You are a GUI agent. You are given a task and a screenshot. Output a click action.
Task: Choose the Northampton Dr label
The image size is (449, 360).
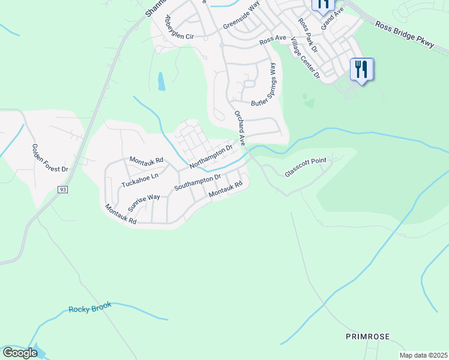211,155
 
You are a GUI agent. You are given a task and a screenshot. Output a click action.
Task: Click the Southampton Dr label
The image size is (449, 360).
197,182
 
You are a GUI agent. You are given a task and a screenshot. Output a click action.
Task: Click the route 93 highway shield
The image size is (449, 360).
62,190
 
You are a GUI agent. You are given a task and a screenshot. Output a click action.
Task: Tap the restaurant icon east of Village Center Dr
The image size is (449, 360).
362,69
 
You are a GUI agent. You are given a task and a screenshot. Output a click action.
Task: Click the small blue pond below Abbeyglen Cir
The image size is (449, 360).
161,81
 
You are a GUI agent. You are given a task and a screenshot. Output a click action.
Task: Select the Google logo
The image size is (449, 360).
20,353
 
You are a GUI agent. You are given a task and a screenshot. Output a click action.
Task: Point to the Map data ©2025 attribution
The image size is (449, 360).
423,355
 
